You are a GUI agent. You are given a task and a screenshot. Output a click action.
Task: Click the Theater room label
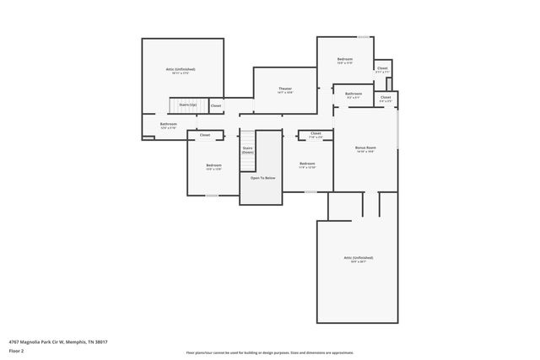point(285,89)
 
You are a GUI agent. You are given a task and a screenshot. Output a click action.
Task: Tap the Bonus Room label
point(365,148)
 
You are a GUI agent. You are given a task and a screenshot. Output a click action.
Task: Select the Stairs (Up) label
point(187,105)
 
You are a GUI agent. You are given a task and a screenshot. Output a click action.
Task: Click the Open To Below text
point(262,178)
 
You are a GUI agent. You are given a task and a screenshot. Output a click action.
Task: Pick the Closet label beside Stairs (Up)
point(216,106)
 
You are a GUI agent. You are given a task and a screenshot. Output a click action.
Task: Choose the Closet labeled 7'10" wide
point(316,133)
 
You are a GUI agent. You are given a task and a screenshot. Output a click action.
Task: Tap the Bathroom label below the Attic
point(169,124)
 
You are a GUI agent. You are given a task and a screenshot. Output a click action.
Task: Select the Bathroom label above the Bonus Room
point(353,94)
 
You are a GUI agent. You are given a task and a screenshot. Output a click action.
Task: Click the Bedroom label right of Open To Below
point(307,164)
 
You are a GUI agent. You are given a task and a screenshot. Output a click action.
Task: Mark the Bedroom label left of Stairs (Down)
point(213,165)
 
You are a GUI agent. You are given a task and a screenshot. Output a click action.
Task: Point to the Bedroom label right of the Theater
point(344,59)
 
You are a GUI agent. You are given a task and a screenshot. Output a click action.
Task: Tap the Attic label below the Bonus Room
point(359,258)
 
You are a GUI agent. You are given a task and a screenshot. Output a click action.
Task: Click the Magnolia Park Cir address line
point(58,341)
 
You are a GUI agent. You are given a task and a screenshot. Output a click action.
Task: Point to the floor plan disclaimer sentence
point(269,352)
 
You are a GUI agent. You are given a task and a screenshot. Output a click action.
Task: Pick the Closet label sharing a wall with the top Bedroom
point(382,68)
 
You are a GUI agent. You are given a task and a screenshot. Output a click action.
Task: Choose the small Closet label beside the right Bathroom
point(386,97)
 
